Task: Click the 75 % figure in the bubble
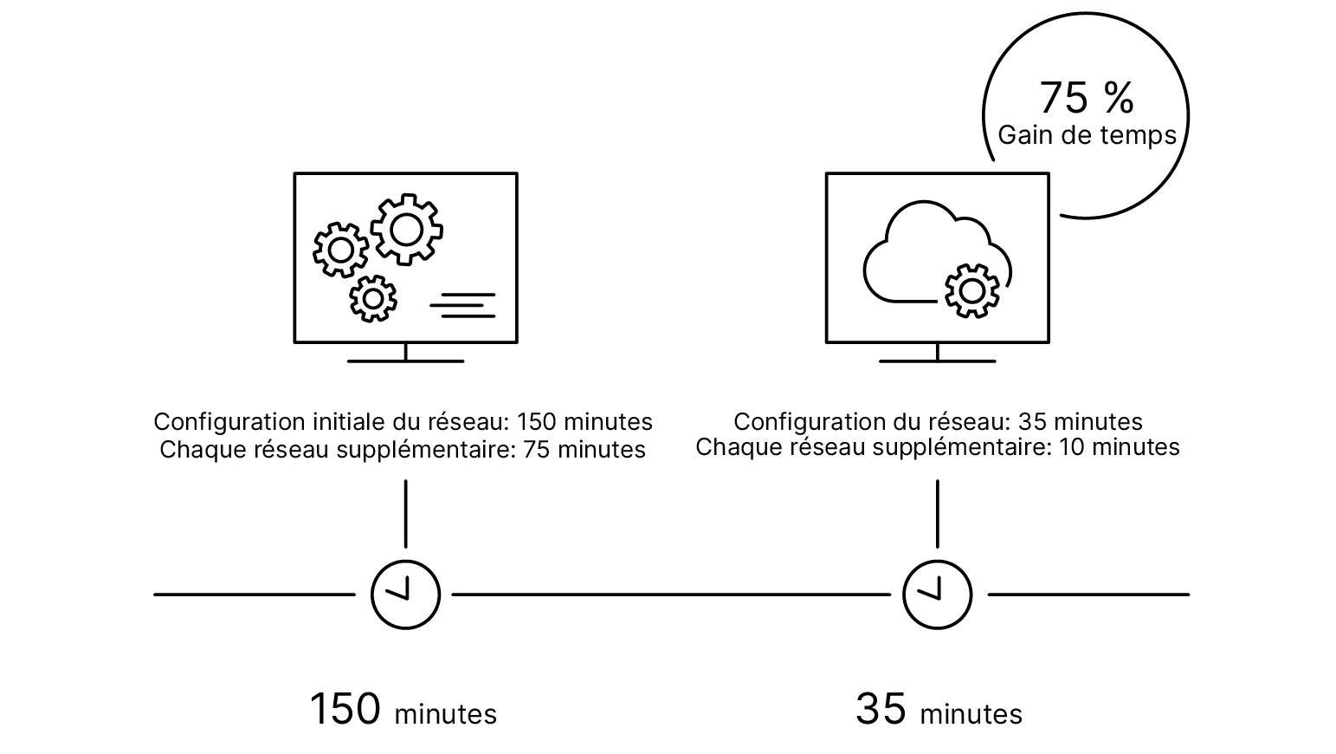coord(1086,98)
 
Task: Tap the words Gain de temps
coord(1087,135)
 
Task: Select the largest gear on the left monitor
coord(407,230)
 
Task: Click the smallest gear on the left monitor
coord(373,298)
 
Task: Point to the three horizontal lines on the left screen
coord(463,305)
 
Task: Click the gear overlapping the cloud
coord(972,290)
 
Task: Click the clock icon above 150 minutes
coord(405,595)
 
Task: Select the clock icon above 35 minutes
coord(937,595)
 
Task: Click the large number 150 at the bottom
coord(345,709)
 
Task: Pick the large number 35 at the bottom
coord(881,709)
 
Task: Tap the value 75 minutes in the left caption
coord(584,450)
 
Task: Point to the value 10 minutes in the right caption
coord(1120,447)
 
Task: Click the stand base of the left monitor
coord(405,361)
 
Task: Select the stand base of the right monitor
coord(937,361)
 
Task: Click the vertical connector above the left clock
coord(405,513)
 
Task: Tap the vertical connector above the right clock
coord(937,513)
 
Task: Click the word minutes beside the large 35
coord(971,715)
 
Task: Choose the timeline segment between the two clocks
coord(671,595)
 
